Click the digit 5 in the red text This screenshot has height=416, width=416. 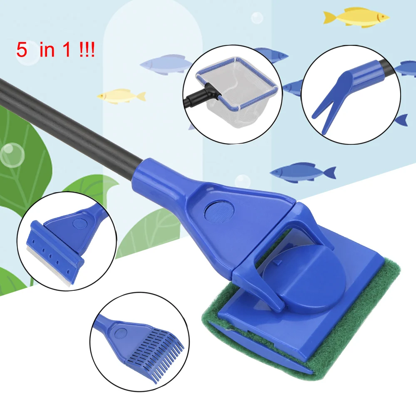[21, 50]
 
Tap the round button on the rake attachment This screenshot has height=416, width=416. [120, 332]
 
